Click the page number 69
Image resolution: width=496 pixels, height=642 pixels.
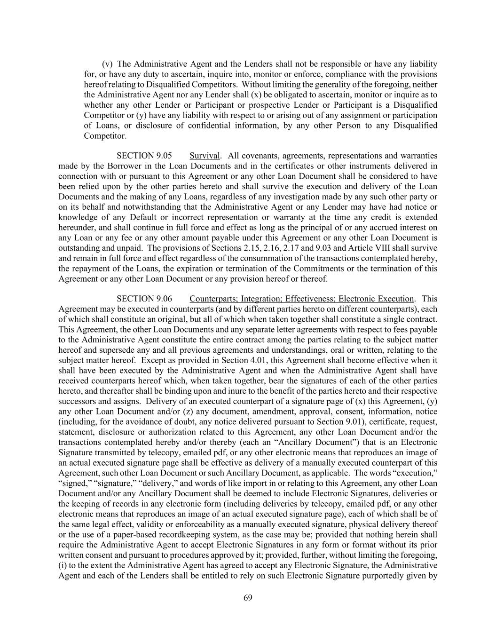[x=248, y=597]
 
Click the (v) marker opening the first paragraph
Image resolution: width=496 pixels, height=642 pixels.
[x=107, y=64]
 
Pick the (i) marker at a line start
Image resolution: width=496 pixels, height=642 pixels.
[x=63, y=565]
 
